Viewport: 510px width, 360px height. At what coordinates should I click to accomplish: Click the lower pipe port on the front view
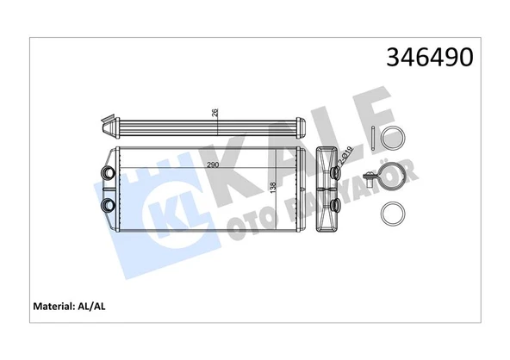click(x=108, y=205)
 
